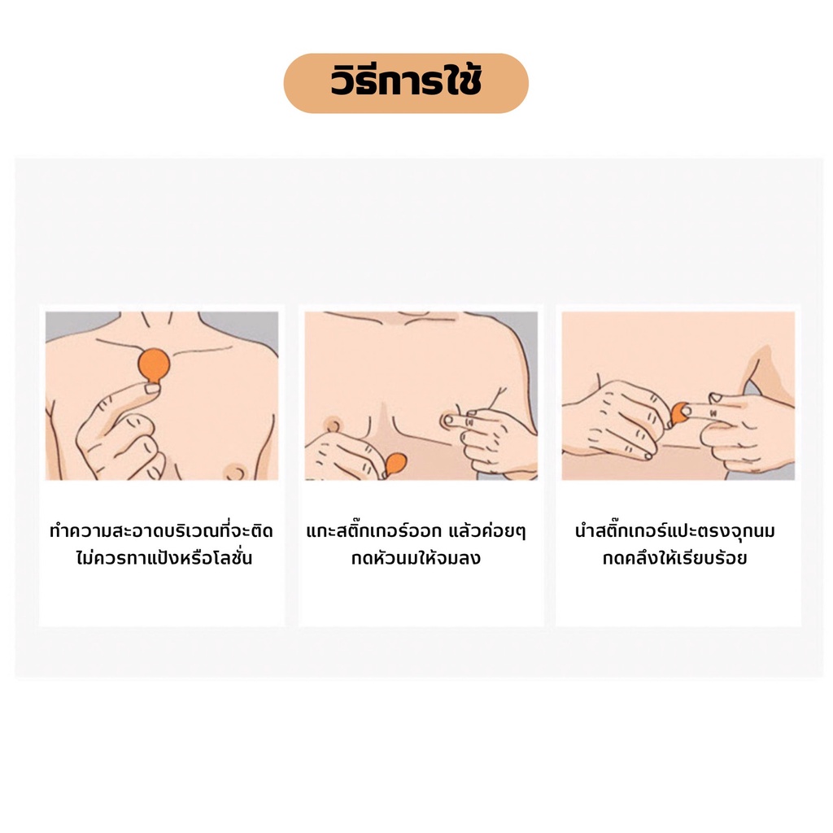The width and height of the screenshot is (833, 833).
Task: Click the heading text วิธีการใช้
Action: pos(406,81)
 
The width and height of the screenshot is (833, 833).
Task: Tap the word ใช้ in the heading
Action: pos(463,81)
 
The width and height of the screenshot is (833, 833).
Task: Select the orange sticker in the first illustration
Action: pos(154,365)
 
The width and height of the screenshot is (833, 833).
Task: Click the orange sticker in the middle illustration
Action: pos(394,464)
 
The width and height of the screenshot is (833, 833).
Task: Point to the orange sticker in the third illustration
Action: pos(678,414)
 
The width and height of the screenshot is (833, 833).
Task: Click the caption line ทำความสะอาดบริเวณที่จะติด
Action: pos(162,530)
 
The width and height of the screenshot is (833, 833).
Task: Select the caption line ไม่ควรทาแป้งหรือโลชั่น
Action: pos(164,558)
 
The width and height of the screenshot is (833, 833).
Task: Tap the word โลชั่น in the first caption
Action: pos(229,558)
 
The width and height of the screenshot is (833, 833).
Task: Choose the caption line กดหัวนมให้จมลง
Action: pos(416,558)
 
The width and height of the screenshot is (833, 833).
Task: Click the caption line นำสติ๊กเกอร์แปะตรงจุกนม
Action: pos(675,530)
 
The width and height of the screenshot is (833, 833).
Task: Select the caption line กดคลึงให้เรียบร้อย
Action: pos(674,558)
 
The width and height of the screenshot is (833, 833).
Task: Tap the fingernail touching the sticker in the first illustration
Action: pos(152,388)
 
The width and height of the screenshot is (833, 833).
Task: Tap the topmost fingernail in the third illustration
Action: pos(716,397)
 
